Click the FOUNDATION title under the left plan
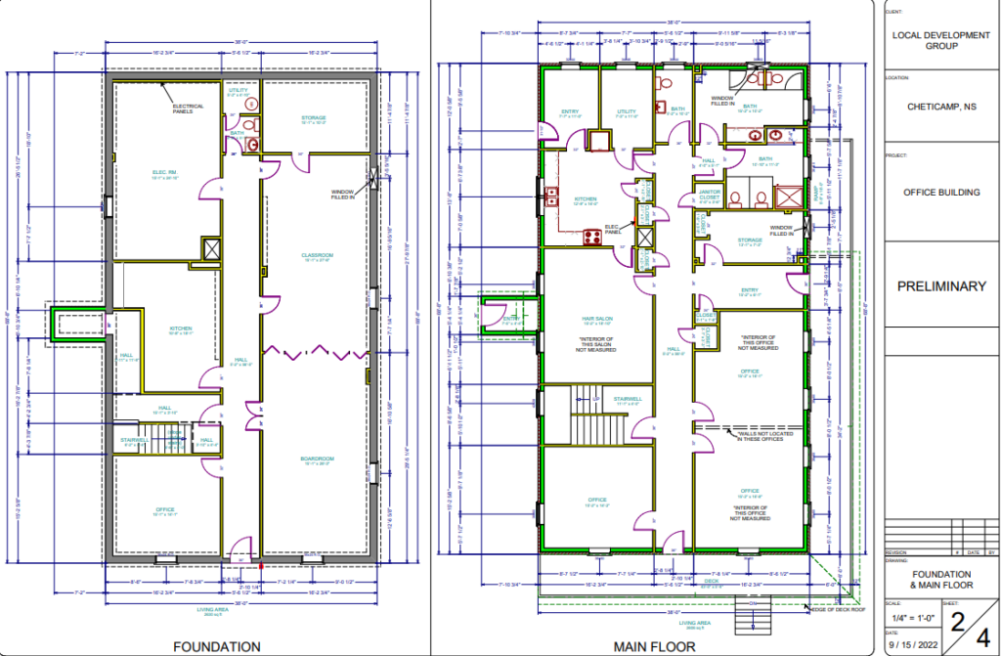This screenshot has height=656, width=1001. point(216,646)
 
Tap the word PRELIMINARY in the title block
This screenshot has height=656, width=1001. point(941,286)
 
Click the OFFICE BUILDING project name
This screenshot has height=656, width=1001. point(941,193)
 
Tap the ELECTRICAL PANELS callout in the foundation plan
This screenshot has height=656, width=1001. point(189,109)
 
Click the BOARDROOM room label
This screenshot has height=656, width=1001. point(318,459)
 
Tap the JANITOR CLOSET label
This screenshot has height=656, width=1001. point(711,195)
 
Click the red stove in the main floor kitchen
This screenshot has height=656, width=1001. point(591,236)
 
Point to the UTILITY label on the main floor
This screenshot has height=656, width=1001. point(626,112)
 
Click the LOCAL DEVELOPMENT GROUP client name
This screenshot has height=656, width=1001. point(941,39)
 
